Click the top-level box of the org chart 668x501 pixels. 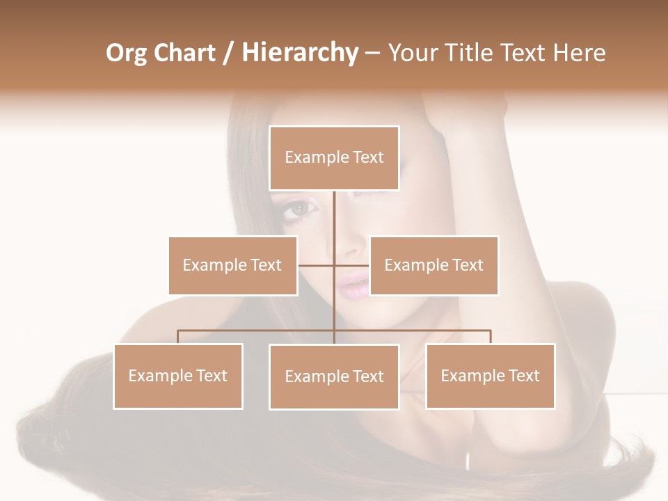coord(334,158)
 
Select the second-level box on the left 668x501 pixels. coord(232,265)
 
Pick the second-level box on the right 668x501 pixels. coord(434,265)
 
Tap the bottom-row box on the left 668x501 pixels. coord(178,376)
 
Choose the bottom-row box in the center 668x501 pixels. coord(334,376)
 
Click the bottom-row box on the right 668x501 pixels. coord(490,376)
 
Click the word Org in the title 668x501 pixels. coord(127,54)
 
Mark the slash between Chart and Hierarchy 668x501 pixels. coord(228,54)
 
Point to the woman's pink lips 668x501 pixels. coord(353,284)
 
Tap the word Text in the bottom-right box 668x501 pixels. coord(523,376)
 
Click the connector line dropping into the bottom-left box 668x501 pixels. coord(178,337)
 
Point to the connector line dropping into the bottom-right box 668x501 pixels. coord(491,337)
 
